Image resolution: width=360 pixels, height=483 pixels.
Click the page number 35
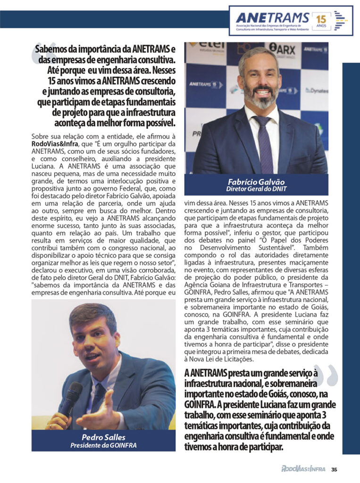(x=334, y=469)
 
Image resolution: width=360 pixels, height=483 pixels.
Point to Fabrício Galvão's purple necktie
(x=265, y=142)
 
